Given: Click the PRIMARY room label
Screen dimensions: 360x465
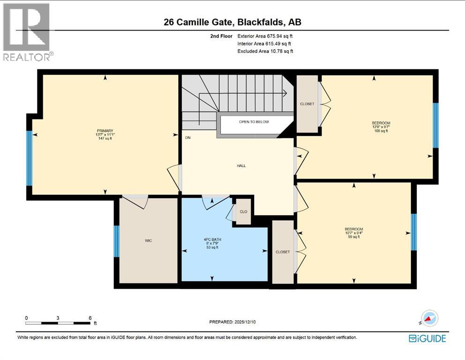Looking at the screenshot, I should [x=105, y=131].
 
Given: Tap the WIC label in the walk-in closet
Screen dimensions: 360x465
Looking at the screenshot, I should [x=148, y=240].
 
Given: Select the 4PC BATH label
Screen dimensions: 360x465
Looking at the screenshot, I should [x=213, y=240].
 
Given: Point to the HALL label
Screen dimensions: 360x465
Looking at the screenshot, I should [x=241, y=165].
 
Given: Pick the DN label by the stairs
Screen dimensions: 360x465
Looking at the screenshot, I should [x=188, y=138].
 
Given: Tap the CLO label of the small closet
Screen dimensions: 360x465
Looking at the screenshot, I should [x=243, y=211].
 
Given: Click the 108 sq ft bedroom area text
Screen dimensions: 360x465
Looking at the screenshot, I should [x=381, y=131].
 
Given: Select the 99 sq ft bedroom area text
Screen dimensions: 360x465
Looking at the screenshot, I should [x=354, y=237].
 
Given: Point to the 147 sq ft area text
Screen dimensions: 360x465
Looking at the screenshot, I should [x=105, y=139].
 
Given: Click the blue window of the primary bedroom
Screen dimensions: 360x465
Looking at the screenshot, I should [x=29, y=158].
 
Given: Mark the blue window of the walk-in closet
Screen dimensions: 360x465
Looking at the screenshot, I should [x=117, y=241].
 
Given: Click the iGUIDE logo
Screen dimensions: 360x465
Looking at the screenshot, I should [x=427, y=338].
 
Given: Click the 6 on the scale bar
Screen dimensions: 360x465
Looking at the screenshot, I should [x=90, y=317].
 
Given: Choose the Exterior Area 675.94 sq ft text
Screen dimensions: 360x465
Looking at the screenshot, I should [x=265, y=36].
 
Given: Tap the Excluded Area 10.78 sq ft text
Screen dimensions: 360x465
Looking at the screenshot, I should [x=265, y=51].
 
